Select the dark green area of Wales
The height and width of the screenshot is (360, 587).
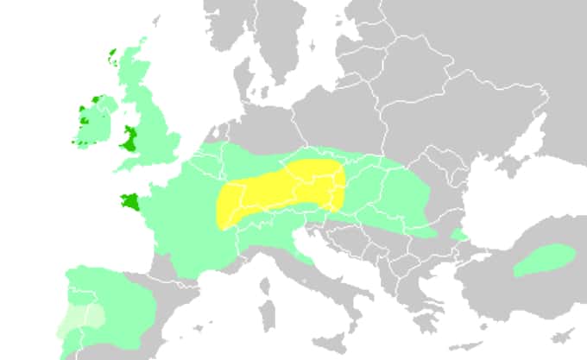point(130,139)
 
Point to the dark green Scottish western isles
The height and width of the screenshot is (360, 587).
point(113,59)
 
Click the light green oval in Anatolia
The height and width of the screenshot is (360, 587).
point(545,260)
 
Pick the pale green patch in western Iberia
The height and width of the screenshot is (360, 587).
point(82,319)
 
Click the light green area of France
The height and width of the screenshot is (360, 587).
point(186,216)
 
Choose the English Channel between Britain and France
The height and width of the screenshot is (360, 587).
point(155,167)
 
